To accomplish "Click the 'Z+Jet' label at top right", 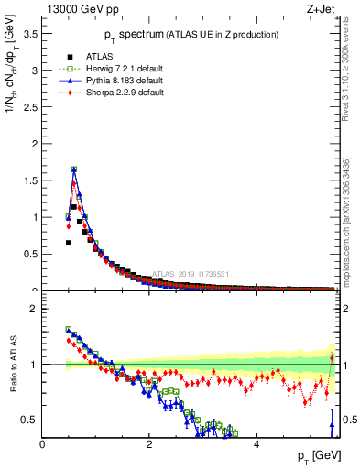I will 321,10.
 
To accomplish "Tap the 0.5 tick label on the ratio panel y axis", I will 30,420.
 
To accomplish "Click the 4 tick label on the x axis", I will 256,444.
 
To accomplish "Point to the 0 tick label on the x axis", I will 43,444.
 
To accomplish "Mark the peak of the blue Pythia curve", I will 73,169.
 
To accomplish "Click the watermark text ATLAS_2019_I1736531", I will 191,273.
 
